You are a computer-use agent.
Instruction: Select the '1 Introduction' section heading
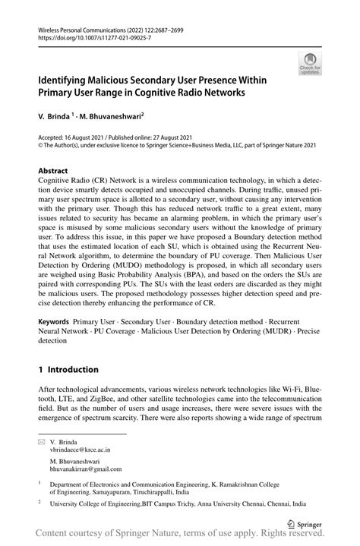tap(68, 370)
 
